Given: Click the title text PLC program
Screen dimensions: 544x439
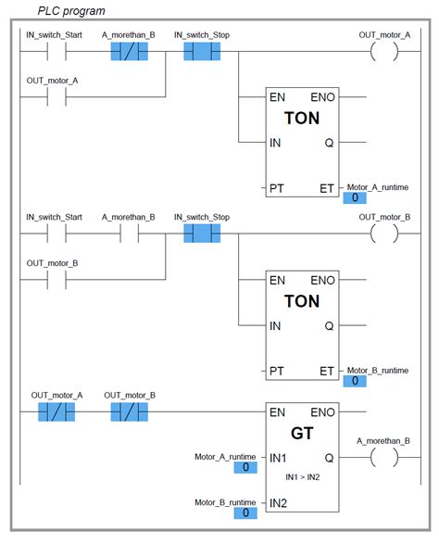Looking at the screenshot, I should [70, 11].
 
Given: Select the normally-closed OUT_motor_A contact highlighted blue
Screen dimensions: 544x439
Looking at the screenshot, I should [56, 411].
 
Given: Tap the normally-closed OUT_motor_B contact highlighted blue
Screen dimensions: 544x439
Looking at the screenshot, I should [130, 411].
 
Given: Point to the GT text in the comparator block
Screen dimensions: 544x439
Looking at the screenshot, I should [302, 433].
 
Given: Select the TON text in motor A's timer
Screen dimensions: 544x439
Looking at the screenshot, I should [302, 120].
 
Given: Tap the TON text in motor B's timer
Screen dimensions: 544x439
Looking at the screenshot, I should [302, 301].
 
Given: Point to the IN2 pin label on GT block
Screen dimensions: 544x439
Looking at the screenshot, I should [279, 503].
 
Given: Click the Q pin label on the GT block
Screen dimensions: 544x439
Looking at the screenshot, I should [329, 458].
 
